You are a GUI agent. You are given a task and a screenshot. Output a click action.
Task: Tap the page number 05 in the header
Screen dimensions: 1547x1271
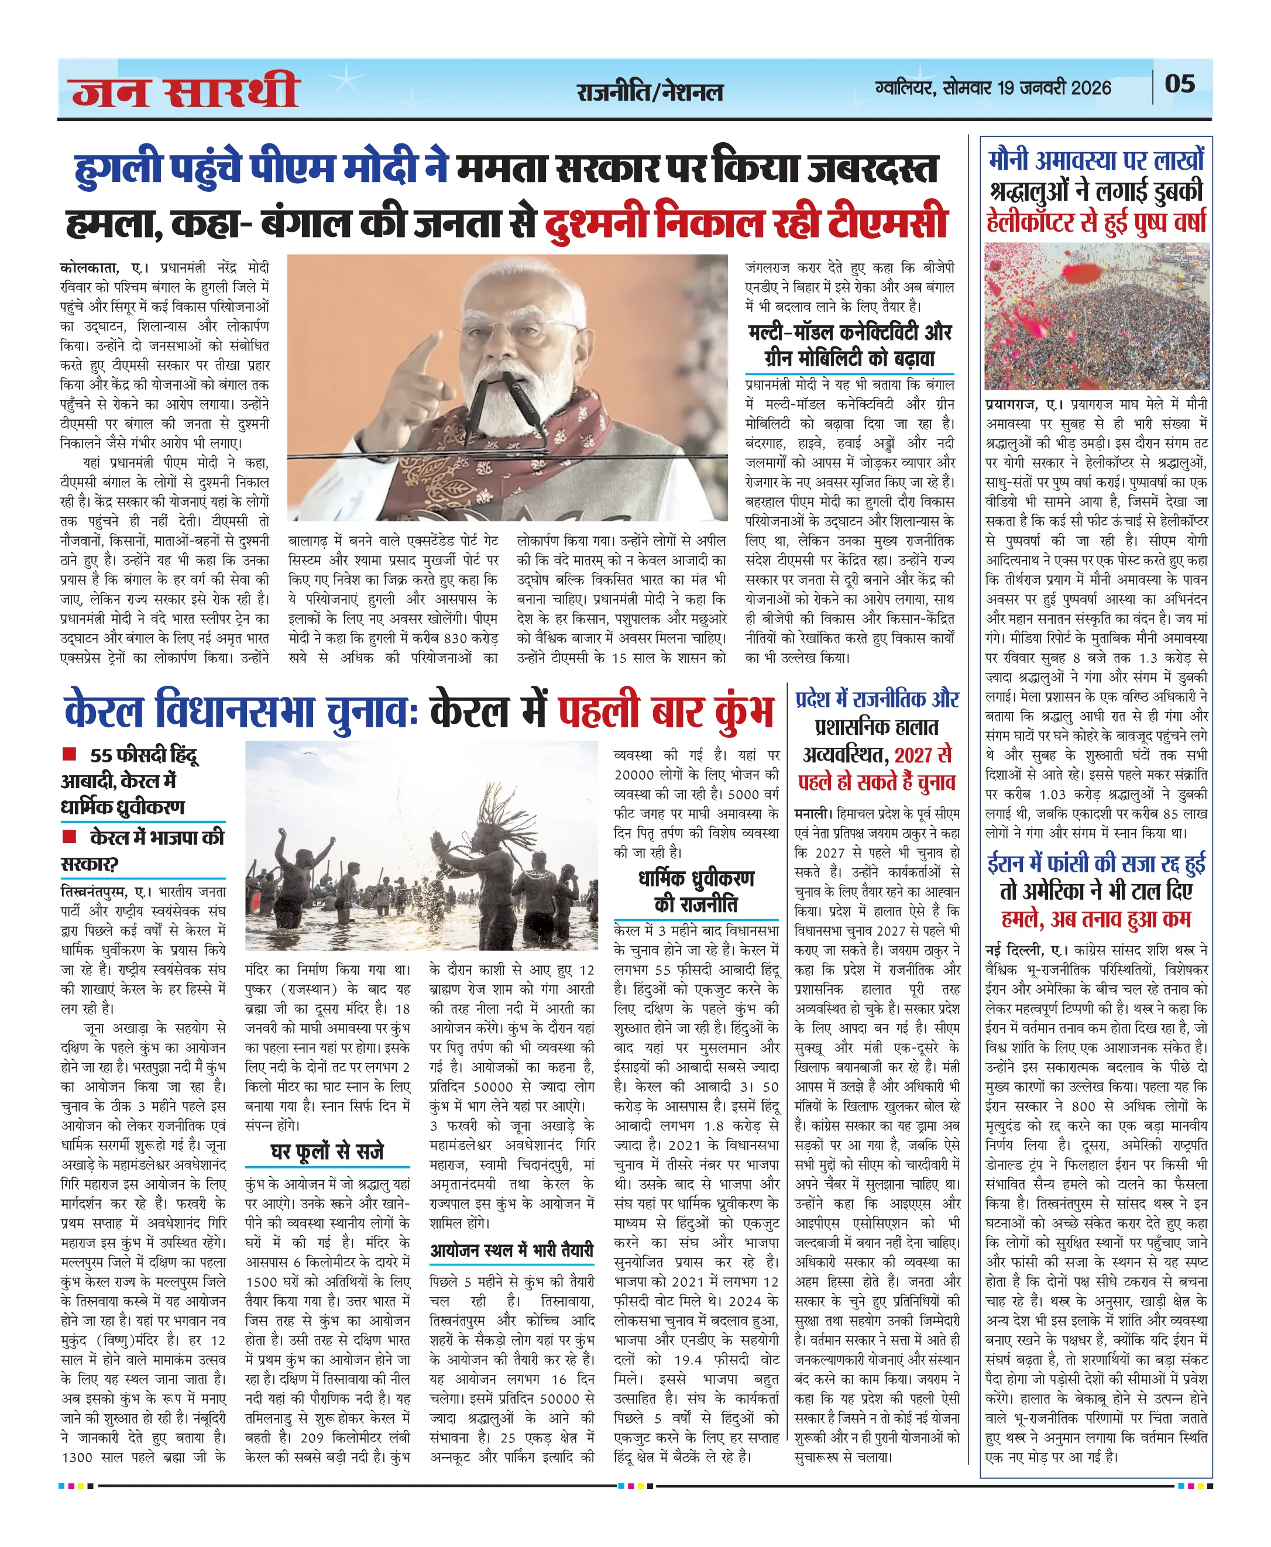click(1180, 84)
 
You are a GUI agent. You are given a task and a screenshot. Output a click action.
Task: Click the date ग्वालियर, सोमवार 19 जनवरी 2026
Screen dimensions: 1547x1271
click(993, 88)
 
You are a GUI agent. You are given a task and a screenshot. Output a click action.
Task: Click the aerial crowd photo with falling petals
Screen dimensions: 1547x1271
click(1096, 317)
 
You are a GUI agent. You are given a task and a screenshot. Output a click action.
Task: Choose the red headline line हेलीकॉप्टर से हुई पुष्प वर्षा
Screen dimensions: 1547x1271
click(1096, 222)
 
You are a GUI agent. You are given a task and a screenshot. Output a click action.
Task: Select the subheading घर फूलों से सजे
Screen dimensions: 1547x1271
click(327, 1151)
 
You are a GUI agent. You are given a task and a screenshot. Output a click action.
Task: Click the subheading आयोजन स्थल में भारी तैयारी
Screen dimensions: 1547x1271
click(511, 1250)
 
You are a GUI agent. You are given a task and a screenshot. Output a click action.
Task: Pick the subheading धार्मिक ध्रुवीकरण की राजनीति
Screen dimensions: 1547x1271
click(696, 891)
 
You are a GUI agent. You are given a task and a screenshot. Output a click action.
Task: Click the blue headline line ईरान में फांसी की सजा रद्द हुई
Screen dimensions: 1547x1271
click(1096, 864)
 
